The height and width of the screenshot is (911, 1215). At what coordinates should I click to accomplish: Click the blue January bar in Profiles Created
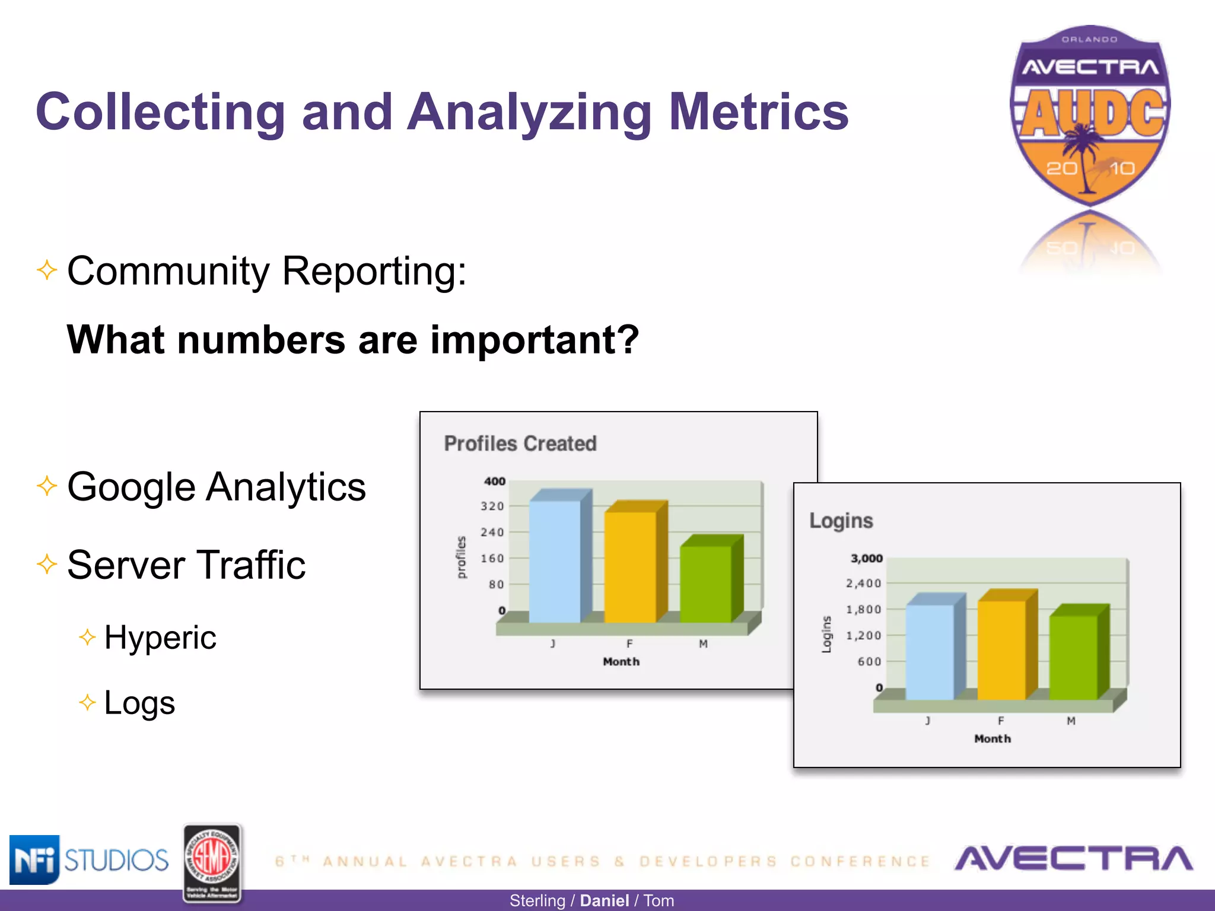(554, 560)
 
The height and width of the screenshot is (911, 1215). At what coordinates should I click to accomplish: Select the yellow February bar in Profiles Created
(630, 566)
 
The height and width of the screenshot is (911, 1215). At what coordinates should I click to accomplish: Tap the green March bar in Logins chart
(1073, 657)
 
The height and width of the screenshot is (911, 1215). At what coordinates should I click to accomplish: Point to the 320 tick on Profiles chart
(492, 507)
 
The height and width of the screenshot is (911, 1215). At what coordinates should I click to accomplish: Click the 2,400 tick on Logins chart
(863, 584)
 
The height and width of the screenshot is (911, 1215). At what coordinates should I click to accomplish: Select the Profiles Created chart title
(520, 444)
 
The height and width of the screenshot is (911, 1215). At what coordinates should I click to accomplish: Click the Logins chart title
(841, 521)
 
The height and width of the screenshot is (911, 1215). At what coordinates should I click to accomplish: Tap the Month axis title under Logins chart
(993, 739)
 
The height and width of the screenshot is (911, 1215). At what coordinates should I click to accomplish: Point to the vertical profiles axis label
(461, 558)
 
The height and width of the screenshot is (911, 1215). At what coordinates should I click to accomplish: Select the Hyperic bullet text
(160, 638)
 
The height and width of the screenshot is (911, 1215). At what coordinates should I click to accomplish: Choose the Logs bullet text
(139, 703)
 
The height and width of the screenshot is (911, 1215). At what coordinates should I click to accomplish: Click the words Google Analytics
(217, 487)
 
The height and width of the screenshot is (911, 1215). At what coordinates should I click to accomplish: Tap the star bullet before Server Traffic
(47, 563)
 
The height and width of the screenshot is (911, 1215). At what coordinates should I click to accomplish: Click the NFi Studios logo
(89, 860)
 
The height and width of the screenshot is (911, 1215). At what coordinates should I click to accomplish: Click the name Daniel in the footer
(604, 901)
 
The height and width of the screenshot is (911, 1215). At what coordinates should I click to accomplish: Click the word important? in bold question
(534, 340)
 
